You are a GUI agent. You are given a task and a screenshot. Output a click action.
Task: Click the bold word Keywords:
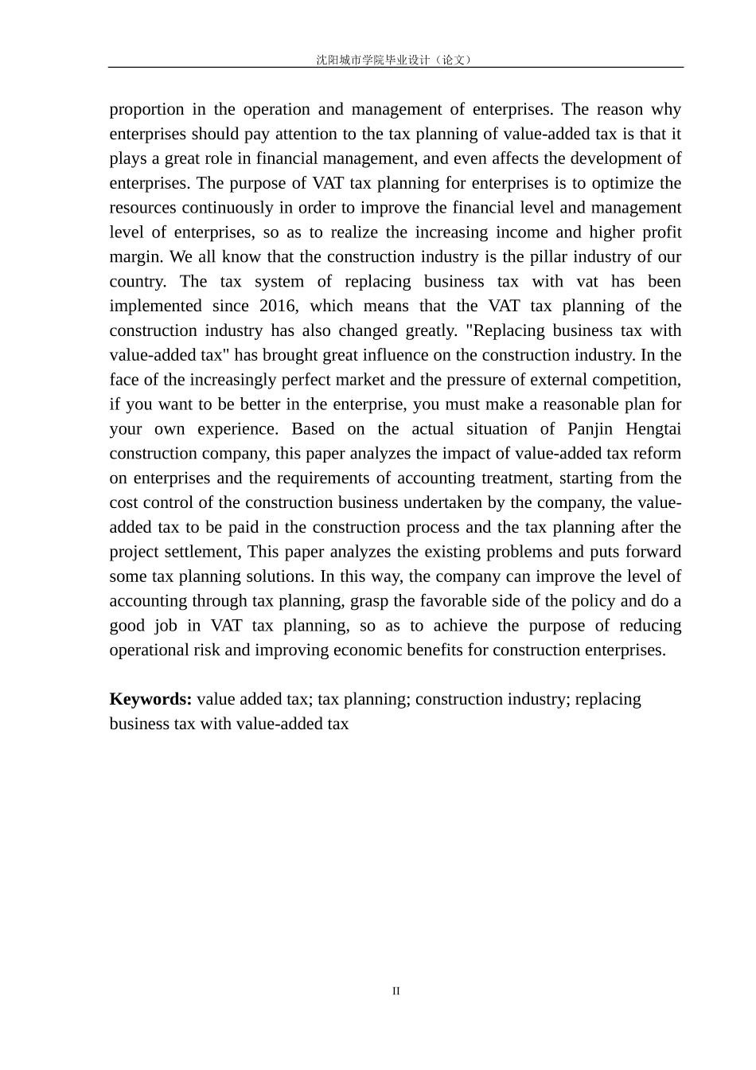[150, 699]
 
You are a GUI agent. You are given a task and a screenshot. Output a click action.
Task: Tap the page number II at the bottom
[396, 991]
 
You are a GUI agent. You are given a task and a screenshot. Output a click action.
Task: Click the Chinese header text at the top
[396, 60]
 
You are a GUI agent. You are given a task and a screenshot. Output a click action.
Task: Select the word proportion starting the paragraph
[146, 110]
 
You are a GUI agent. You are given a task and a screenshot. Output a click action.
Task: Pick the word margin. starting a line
[136, 257]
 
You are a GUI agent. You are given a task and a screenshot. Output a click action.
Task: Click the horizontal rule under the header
[396, 68]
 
